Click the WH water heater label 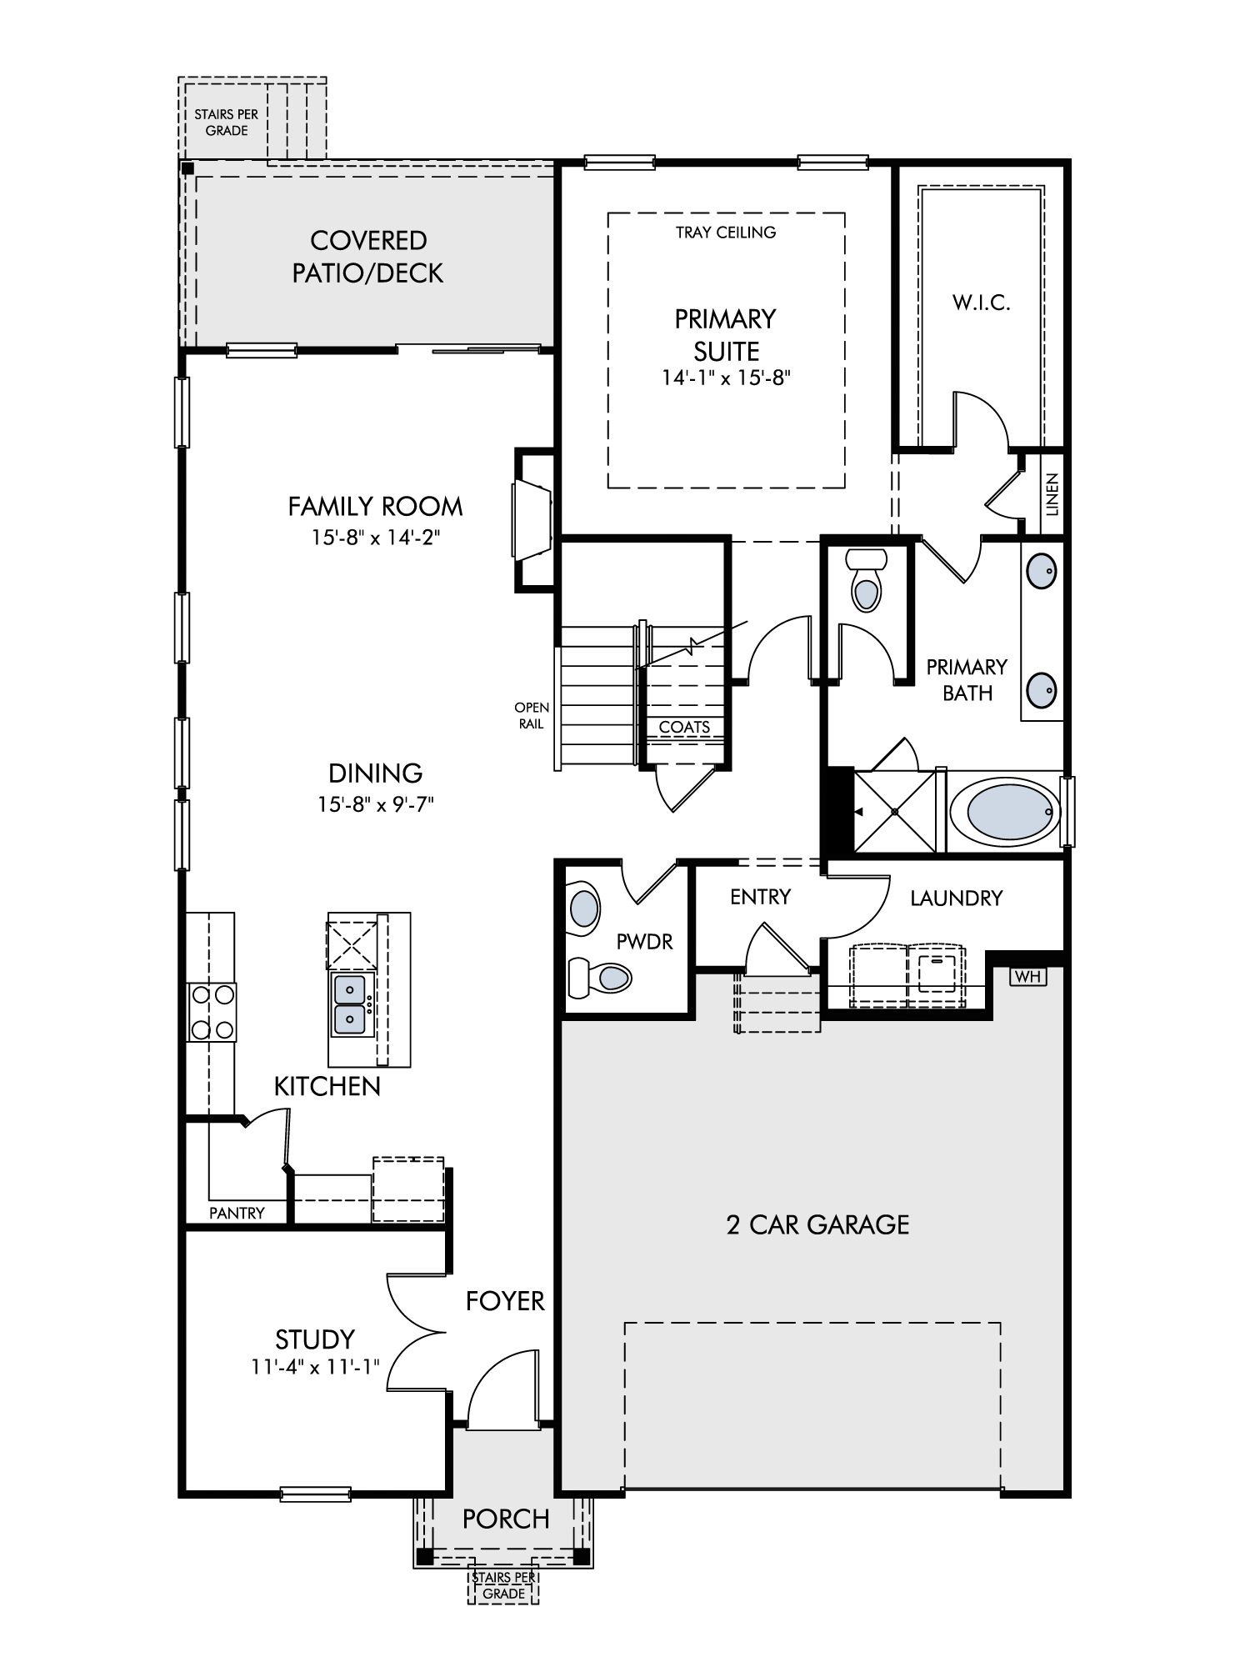coord(1028,976)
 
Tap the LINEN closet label coord(1052,494)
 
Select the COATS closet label coord(684,727)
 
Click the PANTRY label coord(237,1213)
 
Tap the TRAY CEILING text coord(726,233)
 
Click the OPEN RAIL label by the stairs coord(532,716)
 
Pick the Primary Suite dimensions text coord(726,378)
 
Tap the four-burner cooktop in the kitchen coord(212,1012)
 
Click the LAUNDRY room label coord(956,898)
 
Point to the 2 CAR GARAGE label coord(817,1224)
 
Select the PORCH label coord(506,1519)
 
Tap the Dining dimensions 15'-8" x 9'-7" coord(376,804)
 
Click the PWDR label coord(644,942)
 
